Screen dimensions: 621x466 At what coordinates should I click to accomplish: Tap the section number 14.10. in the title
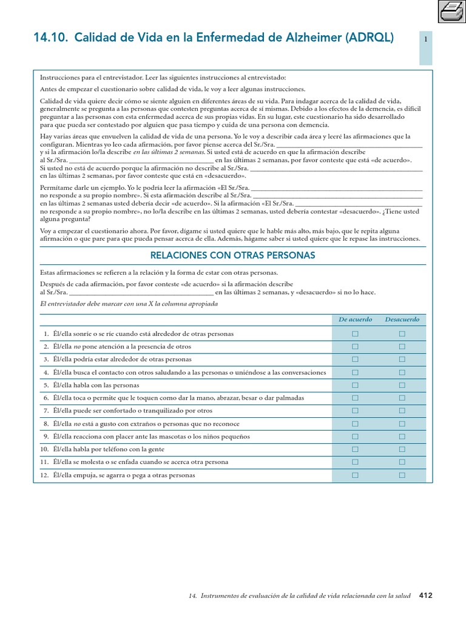[x=51, y=38]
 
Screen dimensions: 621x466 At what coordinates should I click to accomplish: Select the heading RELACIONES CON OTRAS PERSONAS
[x=232, y=256]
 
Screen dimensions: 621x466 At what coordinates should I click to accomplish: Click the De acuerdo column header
[x=356, y=319]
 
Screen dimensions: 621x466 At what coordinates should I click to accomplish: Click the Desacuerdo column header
[x=402, y=319]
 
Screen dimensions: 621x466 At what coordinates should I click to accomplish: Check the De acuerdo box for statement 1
[x=356, y=334]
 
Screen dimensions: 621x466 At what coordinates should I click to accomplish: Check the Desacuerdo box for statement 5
[x=402, y=385]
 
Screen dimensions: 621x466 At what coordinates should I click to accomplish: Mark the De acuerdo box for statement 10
[x=356, y=449]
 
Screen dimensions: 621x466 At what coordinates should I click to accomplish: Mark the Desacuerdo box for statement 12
[x=402, y=475]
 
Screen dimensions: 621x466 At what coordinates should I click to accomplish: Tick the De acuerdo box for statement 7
[x=356, y=411]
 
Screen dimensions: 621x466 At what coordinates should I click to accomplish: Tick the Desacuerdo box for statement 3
[x=402, y=360]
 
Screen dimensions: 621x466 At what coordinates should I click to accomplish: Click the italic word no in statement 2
[x=77, y=347]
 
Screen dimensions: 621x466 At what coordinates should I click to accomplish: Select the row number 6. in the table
[x=46, y=398]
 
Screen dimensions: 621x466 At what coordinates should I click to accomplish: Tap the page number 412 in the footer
[x=425, y=596]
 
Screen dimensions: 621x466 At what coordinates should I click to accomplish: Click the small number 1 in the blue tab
[x=426, y=39]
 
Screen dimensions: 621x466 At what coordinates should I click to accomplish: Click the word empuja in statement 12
[x=87, y=475]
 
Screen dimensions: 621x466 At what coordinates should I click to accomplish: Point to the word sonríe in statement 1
[x=84, y=334]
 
